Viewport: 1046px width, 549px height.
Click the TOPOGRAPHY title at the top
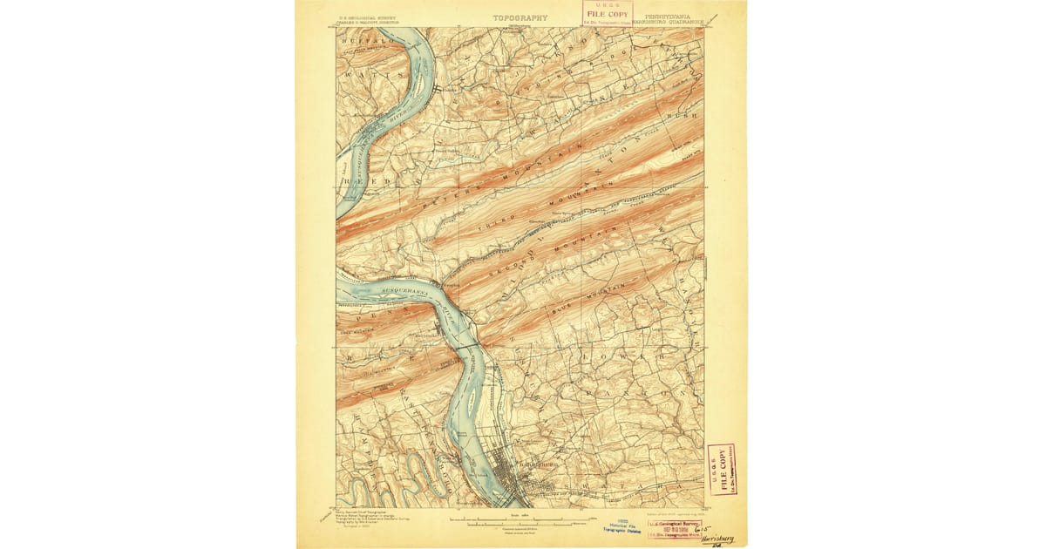coord(520,17)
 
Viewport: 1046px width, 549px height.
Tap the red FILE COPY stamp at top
coord(608,13)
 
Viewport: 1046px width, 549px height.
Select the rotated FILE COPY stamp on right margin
coord(720,469)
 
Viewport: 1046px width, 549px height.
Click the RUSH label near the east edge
coord(684,114)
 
